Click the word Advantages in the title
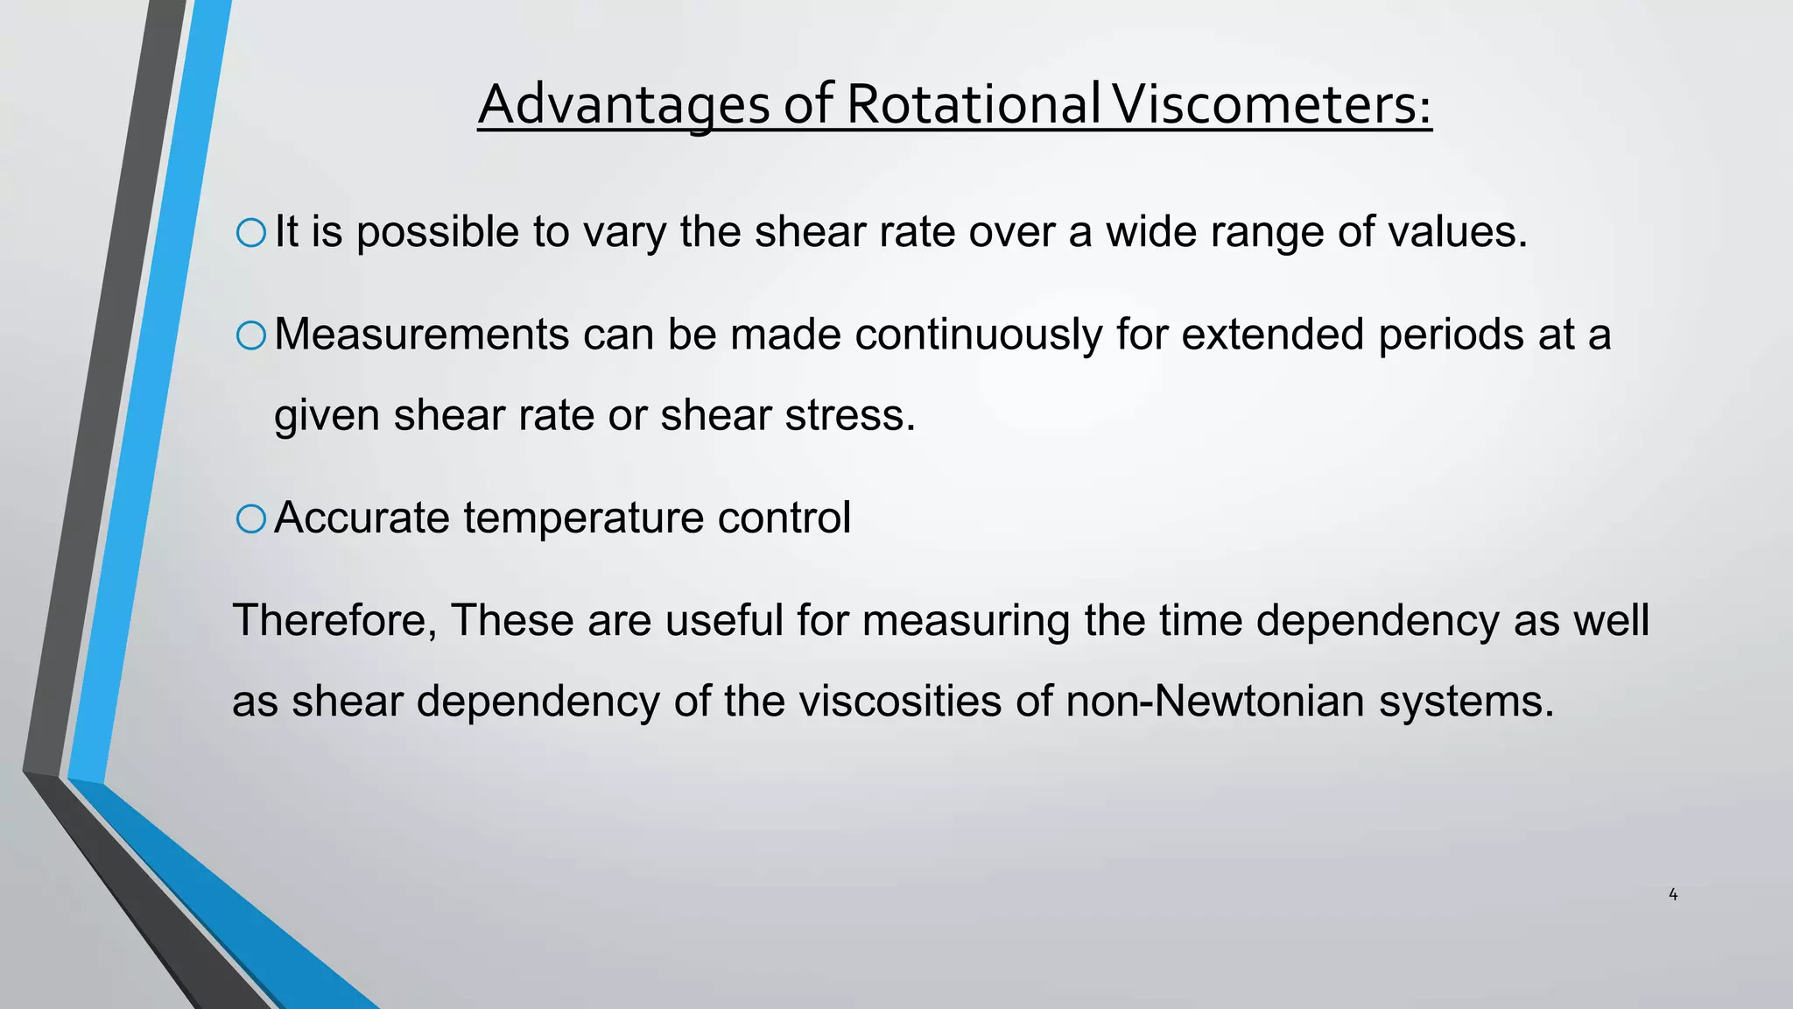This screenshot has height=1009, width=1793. pos(623,105)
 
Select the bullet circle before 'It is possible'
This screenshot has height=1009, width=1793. pos(251,233)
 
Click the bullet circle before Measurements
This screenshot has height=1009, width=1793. pos(251,335)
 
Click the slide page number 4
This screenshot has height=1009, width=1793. pos(1673,894)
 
